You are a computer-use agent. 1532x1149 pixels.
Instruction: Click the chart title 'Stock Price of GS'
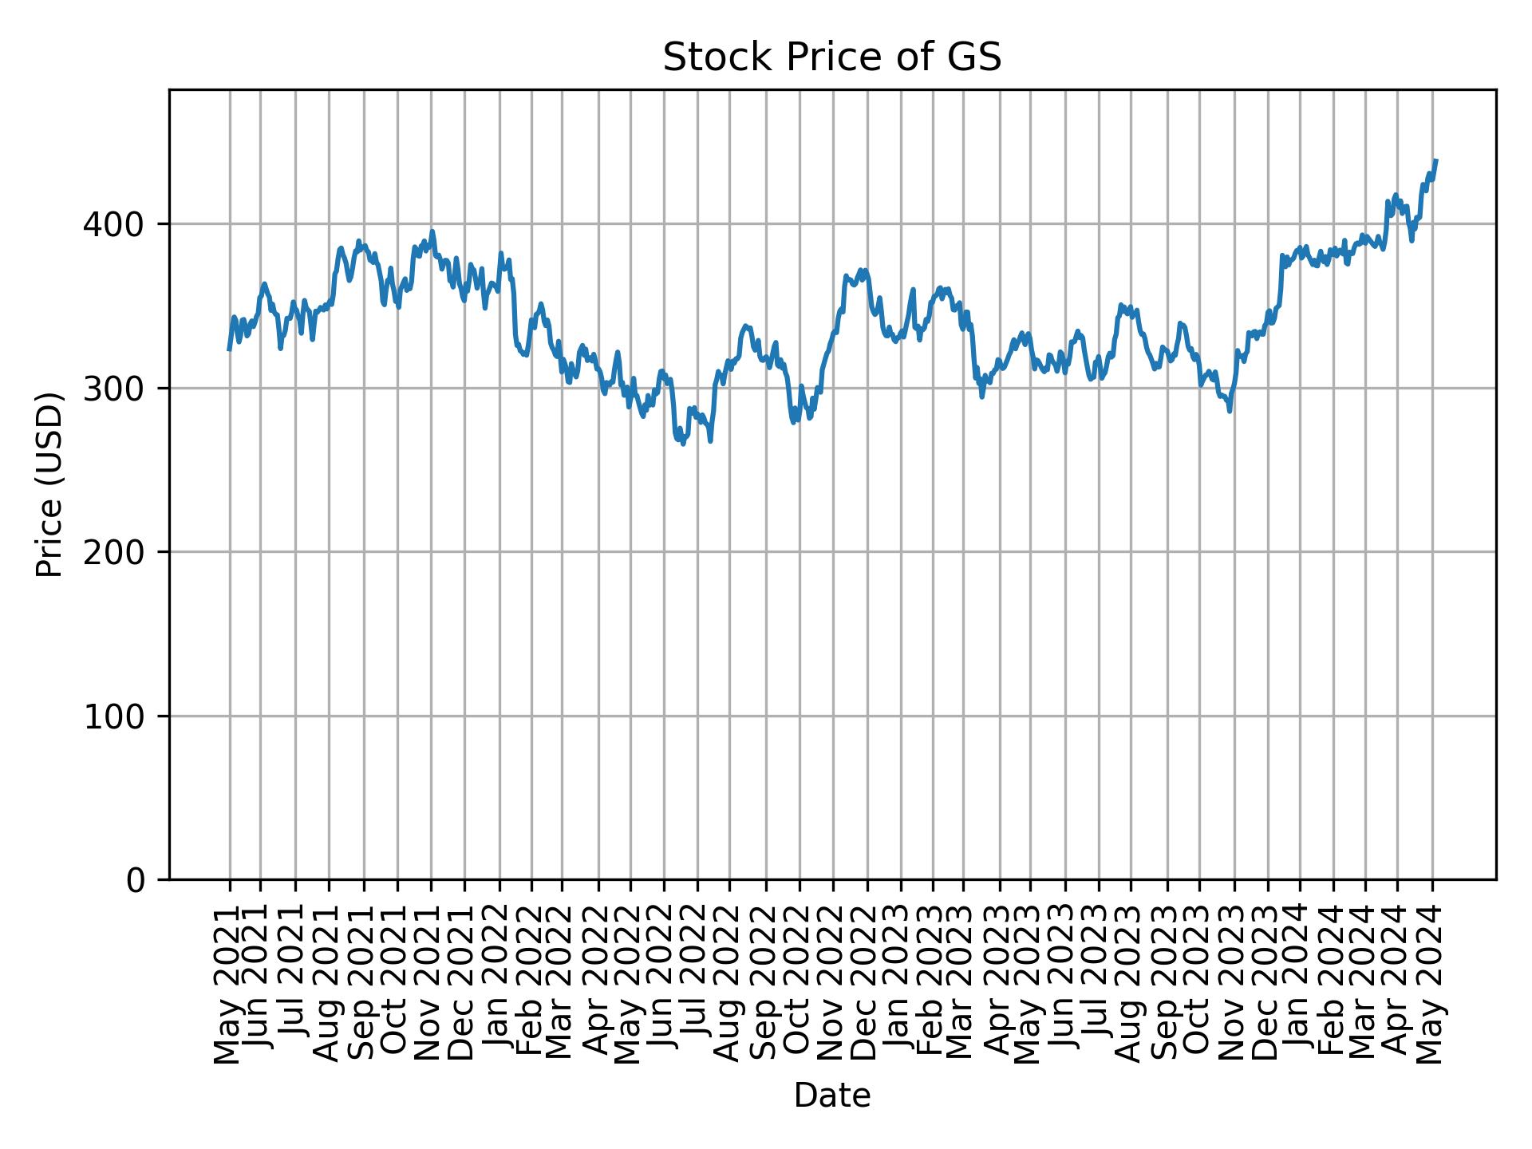click(832, 58)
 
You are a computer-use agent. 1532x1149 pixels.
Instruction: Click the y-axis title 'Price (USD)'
click(49, 484)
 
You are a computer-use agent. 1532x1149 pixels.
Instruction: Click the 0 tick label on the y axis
click(136, 880)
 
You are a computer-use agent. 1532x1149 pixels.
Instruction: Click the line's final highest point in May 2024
click(1435, 160)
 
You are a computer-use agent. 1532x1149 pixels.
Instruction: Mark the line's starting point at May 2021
click(229, 349)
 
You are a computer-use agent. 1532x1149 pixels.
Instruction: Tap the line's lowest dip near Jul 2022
click(683, 444)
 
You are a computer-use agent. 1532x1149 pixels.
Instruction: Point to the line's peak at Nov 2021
click(432, 231)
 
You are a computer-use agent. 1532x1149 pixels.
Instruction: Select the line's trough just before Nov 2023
click(1230, 411)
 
